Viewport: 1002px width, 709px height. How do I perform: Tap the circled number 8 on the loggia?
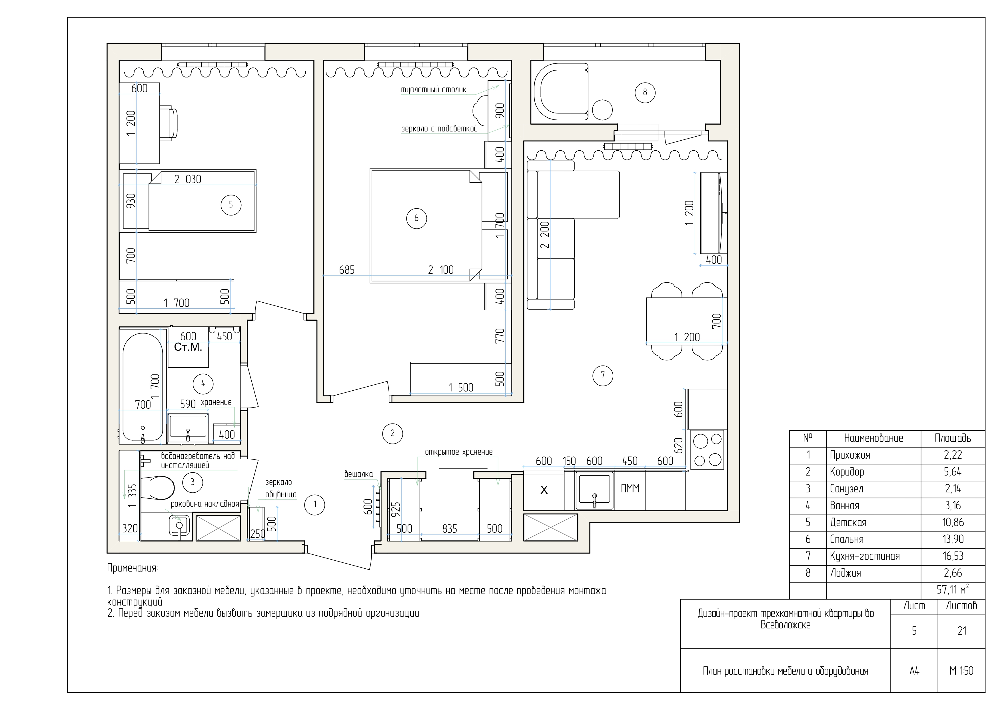point(645,92)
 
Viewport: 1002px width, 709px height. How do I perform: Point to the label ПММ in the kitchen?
point(630,489)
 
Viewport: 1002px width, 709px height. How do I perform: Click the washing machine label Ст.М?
point(188,347)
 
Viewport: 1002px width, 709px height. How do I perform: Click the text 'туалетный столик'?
point(433,90)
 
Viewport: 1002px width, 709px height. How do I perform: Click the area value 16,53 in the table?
point(953,556)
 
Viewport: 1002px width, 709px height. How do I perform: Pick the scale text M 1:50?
point(961,671)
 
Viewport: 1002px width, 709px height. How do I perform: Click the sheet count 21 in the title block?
point(961,631)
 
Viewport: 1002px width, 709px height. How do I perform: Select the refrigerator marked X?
point(544,490)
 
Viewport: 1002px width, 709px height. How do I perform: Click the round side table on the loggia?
point(602,110)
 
